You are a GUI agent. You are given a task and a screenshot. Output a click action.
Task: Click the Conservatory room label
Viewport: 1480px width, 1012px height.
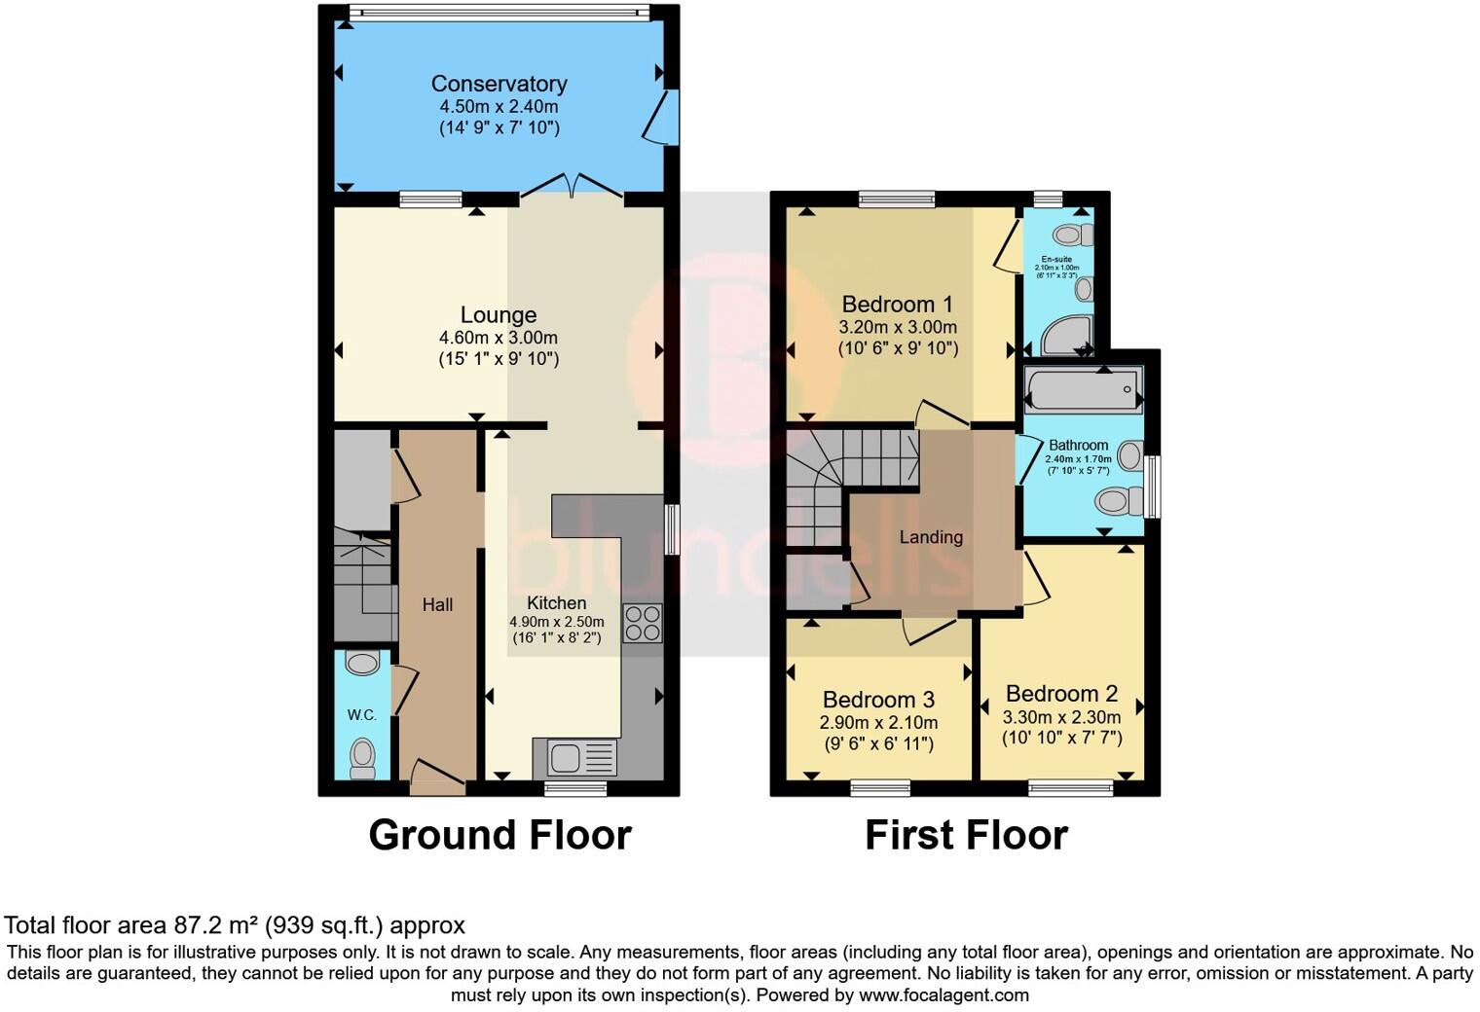[499, 84]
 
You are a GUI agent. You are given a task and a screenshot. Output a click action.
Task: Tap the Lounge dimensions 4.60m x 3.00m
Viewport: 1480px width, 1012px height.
[499, 338]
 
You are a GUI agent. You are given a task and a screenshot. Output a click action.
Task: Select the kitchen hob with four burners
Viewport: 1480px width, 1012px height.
[643, 623]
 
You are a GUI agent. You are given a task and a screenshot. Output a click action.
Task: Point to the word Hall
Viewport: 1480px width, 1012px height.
[437, 605]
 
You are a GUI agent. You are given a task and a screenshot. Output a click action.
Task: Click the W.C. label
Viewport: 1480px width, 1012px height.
[362, 715]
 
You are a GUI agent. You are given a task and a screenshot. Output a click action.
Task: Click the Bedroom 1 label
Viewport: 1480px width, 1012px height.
[897, 305]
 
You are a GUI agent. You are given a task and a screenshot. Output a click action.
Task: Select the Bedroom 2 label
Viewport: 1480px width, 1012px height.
[1061, 694]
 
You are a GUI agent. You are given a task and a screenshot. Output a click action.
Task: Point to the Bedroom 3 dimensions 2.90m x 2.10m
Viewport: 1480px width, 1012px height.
[878, 722]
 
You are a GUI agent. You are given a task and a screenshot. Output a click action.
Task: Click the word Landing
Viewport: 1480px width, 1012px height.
[931, 537]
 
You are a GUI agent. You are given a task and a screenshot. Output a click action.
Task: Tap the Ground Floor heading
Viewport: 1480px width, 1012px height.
[499, 835]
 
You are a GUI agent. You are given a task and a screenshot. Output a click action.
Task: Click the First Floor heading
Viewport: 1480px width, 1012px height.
[966, 835]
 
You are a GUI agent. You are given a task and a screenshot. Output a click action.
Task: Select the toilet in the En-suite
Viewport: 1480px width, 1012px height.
[1073, 235]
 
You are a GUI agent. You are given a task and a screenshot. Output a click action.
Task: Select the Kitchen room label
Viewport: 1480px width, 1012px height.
[556, 603]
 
